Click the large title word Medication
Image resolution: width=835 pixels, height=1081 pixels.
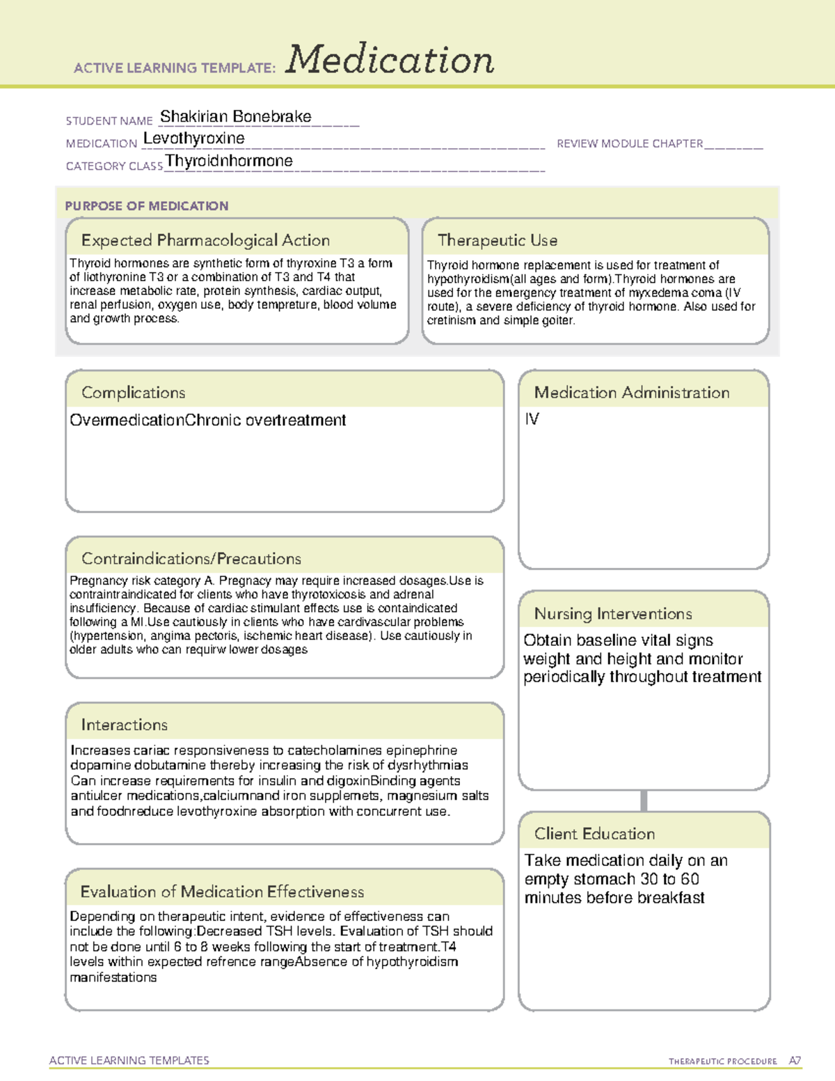coord(390,60)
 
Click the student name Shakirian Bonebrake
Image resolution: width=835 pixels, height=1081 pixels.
coord(235,117)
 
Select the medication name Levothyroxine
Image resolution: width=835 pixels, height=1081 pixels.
coord(193,139)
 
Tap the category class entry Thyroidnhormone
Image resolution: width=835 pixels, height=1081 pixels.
coord(229,161)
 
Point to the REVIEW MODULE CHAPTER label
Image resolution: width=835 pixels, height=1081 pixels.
coord(630,143)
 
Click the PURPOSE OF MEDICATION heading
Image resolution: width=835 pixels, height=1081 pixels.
coord(146,206)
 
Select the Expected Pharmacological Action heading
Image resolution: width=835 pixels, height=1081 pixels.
coord(205,240)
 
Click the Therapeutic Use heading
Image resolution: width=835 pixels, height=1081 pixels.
coord(497,240)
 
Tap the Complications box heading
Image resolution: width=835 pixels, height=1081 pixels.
coord(133,393)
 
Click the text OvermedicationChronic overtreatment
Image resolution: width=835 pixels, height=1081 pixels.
coord(207,420)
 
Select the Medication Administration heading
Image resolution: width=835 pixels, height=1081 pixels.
coord(631,393)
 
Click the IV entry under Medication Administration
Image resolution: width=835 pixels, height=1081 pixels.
coord(532,419)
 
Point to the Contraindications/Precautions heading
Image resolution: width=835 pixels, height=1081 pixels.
coord(191,559)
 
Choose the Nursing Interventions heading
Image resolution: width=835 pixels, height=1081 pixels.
coord(612,614)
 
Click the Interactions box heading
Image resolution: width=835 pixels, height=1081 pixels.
coord(124,725)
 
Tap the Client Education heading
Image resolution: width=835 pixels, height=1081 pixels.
coord(594,834)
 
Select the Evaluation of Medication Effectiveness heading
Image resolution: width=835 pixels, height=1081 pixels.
coord(222,892)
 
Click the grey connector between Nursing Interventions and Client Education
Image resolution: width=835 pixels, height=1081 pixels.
coord(644,800)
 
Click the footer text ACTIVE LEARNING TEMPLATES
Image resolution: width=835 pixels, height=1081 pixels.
coord(129,1060)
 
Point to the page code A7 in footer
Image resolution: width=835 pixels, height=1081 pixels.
coord(794,1061)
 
